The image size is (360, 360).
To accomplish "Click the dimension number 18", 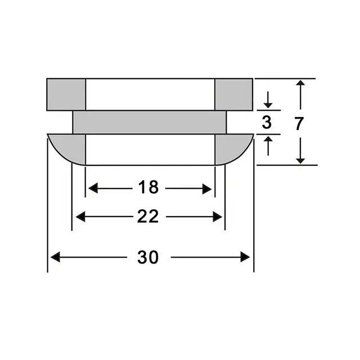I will tap(149, 188).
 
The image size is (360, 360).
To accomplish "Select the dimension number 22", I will tap(148, 217).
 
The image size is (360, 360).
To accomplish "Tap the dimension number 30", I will tap(148, 257).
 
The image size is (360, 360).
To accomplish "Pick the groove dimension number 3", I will tap(267, 122).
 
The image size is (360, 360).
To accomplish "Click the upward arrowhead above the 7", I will tap(301, 84).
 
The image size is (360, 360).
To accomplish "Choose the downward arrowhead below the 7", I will tap(301, 160).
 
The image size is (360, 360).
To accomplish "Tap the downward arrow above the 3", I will tap(268, 105).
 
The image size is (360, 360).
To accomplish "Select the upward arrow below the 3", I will tap(268, 139).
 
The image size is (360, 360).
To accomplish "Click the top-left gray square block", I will tap(66, 94).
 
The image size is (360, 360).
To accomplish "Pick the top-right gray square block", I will tap(234, 94).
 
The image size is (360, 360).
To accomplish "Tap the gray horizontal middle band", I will tap(149, 122).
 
